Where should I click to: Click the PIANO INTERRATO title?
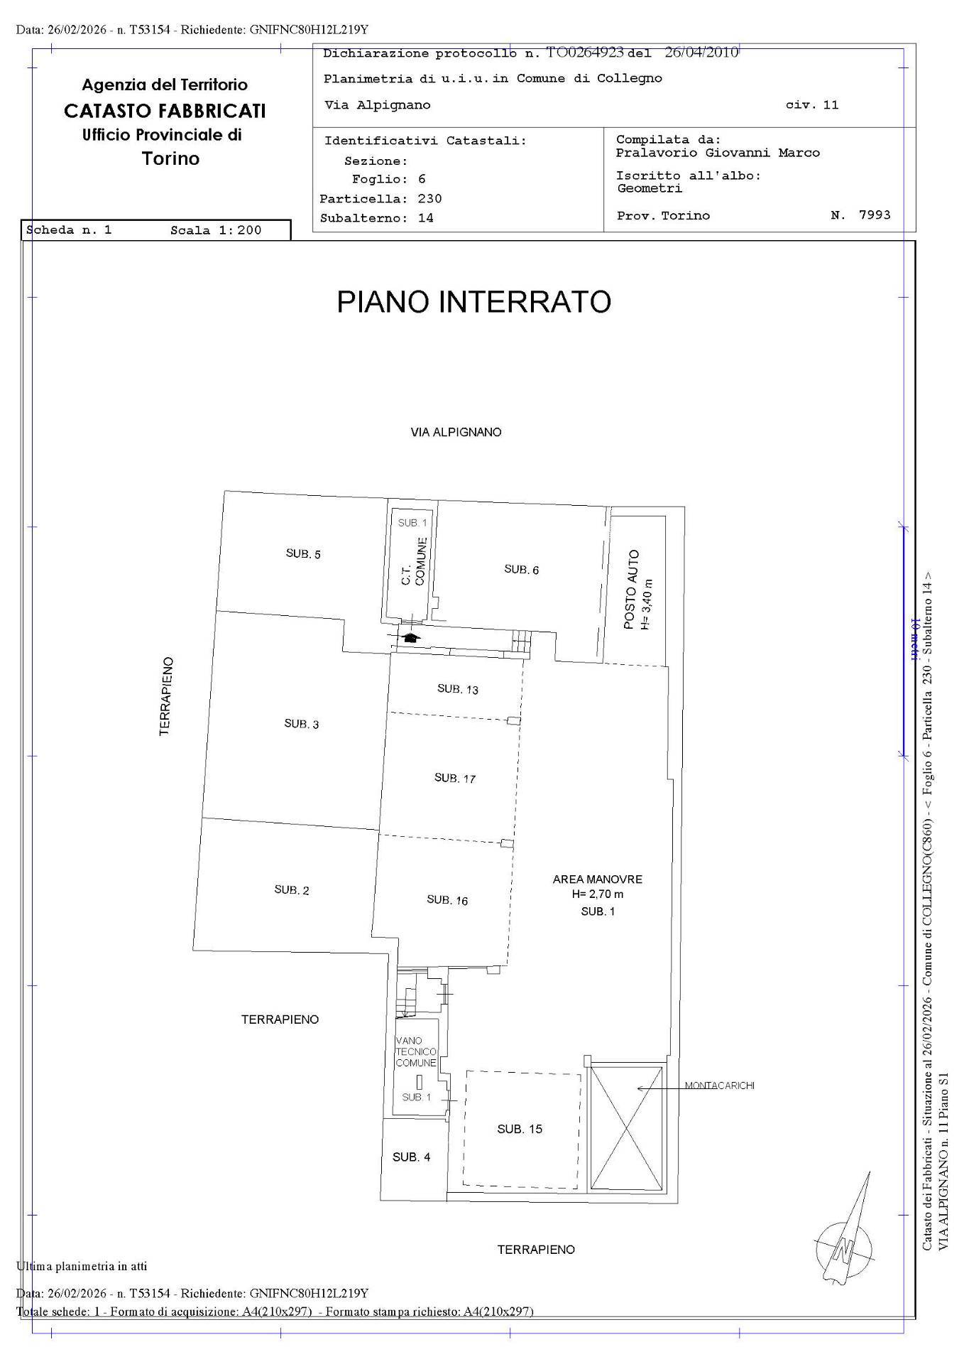(473, 302)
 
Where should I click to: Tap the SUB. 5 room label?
(303, 554)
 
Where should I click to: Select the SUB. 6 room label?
(521, 570)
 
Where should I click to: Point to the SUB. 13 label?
(458, 689)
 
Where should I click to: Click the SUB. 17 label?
(455, 779)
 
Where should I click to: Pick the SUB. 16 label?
(447, 900)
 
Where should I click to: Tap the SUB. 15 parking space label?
(520, 1129)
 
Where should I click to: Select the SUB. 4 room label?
(412, 1157)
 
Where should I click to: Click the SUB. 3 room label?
(302, 724)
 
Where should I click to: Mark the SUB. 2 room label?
(292, 890)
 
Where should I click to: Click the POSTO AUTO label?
(632, 590)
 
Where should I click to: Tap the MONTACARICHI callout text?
(719, 1086)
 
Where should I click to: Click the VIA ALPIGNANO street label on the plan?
(456, 432)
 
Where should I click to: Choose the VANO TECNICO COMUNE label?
(416, 1051)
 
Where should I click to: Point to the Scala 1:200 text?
(216, 230)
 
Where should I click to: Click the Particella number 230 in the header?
(429, 199)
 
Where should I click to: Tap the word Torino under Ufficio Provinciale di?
(170, 158)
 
